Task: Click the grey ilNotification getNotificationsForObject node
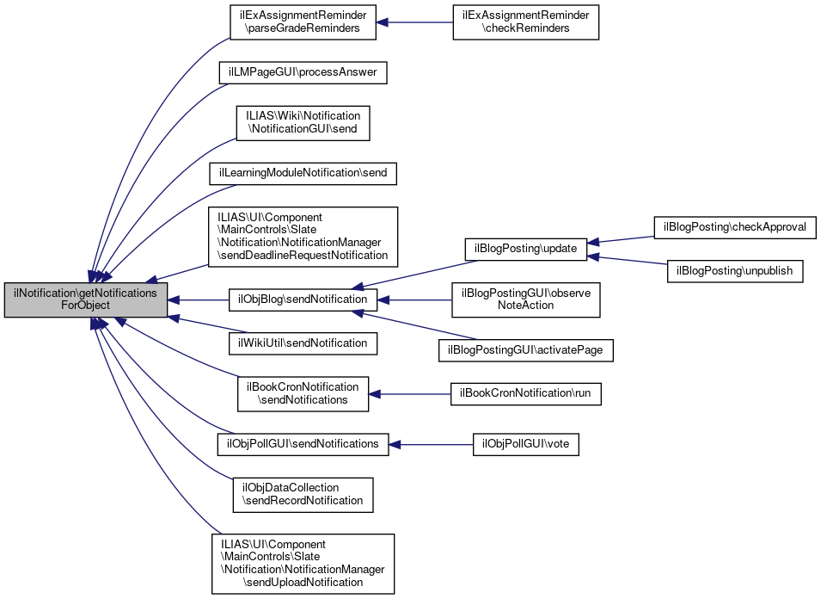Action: tap(86, 299)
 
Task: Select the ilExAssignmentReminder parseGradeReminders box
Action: tap(303, 22)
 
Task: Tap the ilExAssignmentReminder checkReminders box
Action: tap(526, 22)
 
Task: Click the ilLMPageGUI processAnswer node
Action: tap(303, 72)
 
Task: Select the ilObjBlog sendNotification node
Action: tap(303, 299)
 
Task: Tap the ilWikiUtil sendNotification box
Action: tap(303, 343)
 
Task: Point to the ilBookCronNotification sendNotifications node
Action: tap(303, 393)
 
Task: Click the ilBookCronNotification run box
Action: tap(526, 393)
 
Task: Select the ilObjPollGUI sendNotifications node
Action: tap(303, 444)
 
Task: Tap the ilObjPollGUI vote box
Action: tap(526, 444)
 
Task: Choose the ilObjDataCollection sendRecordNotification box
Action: tap(303, 495)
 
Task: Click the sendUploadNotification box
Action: tap(303, 564)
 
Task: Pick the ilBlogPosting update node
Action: tap(526, 248)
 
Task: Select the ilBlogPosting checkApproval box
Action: tap(735, 227)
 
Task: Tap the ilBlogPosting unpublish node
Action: tap(735, 270)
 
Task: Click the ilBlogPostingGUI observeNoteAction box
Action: tap(526, 299)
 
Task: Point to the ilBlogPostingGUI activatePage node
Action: tap(526, 350)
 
